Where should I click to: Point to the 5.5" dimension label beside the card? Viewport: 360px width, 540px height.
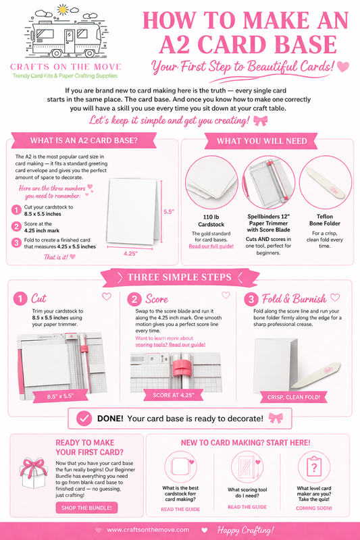click(168, 211)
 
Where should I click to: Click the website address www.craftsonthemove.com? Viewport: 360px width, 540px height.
click(148, 530)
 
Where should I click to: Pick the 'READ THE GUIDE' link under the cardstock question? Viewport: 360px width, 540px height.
click(180, 509)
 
